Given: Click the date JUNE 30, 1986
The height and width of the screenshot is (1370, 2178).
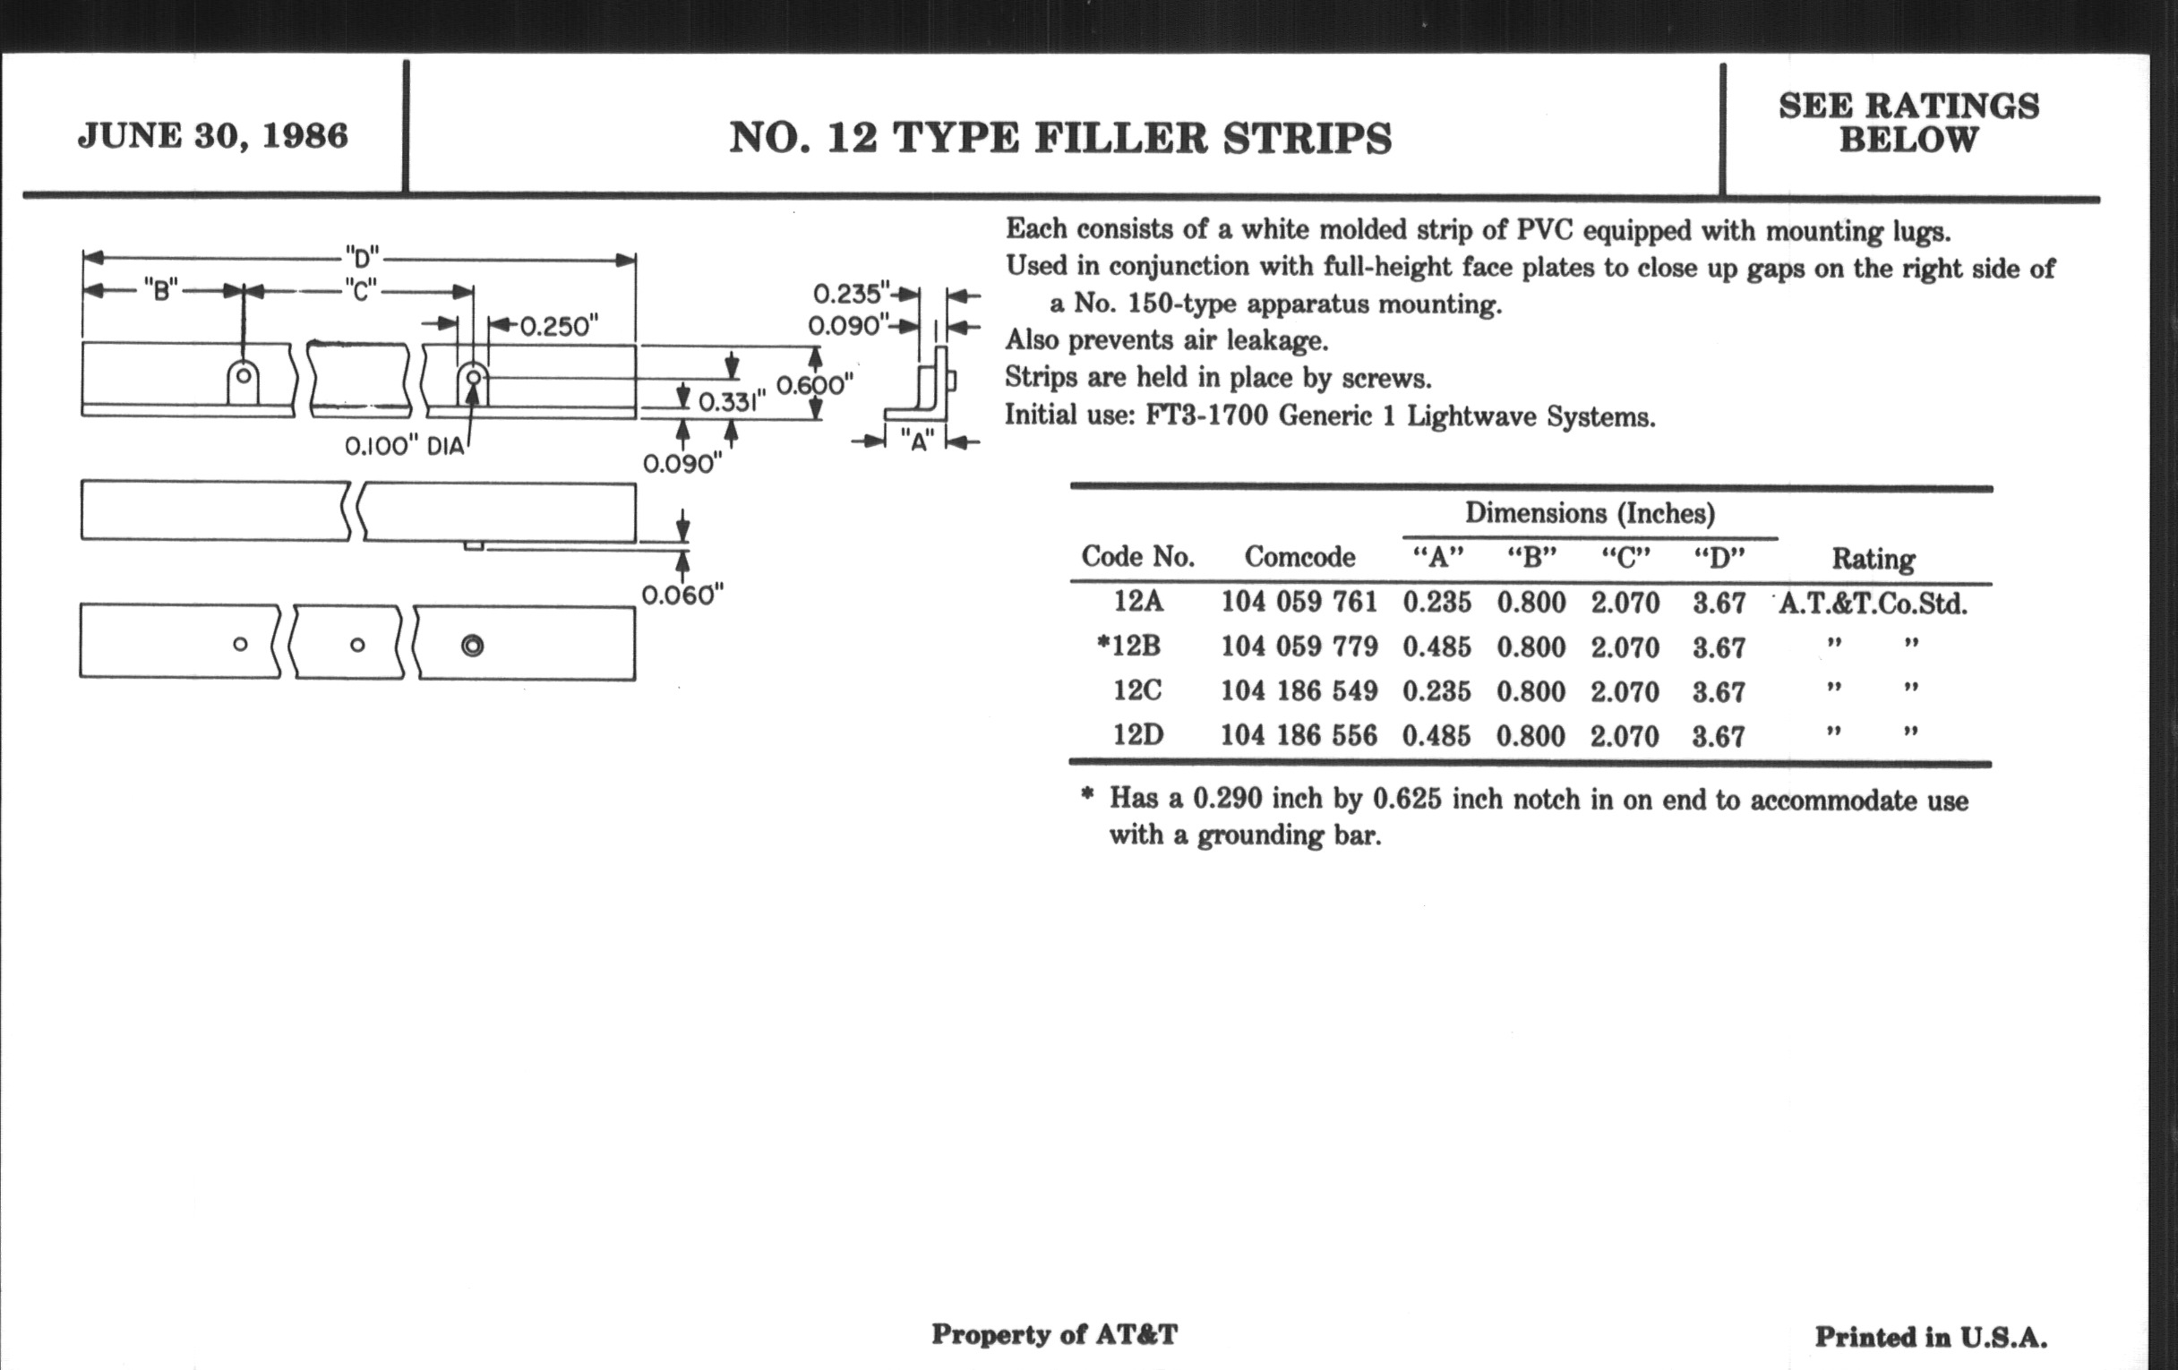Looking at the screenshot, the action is tap(212, 135).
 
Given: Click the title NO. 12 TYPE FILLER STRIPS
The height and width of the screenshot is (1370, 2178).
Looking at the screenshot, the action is tap(1060, 139).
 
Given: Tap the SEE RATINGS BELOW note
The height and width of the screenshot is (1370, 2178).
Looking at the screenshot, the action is tap(1908, 122).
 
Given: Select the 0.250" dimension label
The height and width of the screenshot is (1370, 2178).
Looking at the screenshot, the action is tap(559, 326).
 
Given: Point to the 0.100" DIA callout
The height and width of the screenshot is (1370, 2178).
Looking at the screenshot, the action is tap(404, 446).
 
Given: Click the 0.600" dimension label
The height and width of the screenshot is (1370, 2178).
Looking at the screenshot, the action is tap(815, 385).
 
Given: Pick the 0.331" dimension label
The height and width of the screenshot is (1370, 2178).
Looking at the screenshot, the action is tap(732, 401).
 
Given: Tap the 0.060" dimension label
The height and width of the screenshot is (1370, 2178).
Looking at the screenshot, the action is tap(683, 595).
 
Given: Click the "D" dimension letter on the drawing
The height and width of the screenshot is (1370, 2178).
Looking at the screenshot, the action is tap(362, 259).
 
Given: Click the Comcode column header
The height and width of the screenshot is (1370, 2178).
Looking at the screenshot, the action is tap(1299, 556).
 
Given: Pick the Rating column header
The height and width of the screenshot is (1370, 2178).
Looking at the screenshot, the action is tap(1874, 559).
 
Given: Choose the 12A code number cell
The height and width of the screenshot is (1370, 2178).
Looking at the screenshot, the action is tap(1138, 602).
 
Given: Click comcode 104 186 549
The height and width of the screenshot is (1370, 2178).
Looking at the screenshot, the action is tap(1299, 691).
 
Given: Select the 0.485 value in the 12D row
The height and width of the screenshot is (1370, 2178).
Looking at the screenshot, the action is tap(1436, 735).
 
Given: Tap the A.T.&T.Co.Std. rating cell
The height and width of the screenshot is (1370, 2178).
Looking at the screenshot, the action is tap(1874, 604).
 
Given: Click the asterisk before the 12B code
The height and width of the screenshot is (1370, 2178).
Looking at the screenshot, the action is tap(1102, 642).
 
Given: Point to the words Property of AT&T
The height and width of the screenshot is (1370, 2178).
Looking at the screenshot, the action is tap(1055, 1335).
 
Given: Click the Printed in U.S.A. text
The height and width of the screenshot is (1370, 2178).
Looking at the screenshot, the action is tap(1930, 1338).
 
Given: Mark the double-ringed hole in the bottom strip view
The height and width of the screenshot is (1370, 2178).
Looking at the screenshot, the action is tap(472, 645).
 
